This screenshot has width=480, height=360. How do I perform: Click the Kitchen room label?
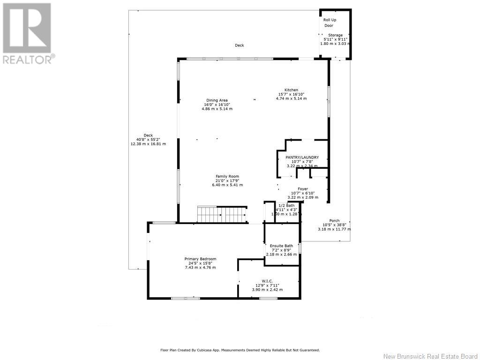[291, 90]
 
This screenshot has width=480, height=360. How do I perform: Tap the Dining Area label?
[217, 100]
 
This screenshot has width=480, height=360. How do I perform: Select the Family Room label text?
[227, 176]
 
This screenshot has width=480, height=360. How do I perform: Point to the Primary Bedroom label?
[200, 259]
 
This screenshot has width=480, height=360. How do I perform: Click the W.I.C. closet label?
[267, 281]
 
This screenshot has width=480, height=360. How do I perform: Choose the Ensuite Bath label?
[281, 246]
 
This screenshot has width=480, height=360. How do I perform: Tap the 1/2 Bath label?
[286, 206]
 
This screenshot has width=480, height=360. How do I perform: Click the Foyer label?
[303, 189]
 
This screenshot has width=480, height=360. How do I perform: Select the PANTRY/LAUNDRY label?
[302, 157]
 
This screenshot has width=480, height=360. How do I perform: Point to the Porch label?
[334, 221]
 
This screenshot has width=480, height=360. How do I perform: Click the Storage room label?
[335, 35]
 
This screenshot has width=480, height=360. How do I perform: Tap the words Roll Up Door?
[330, 22]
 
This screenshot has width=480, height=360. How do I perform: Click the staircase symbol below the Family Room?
[222, 214]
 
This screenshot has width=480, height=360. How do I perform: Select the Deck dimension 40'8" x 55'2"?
[148, 140]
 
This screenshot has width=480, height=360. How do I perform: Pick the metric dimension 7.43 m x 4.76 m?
[200, 268]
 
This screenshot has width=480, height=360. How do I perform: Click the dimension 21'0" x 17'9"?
[227, 180]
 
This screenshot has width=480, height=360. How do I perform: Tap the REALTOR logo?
[28, 33]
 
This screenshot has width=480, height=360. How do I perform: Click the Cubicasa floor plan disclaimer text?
[240, 350]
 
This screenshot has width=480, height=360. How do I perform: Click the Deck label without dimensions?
[240, 45]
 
